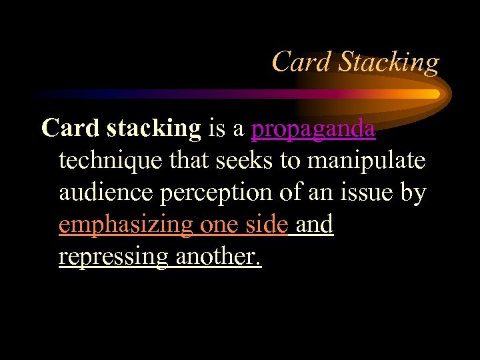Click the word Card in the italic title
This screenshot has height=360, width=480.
tap(301, 62)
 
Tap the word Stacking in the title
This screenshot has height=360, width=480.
tap(389, 63)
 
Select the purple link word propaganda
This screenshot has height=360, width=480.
tap(313, 129)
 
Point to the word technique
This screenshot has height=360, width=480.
tap(110, 161)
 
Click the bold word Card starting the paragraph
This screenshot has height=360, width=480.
tap(71, 127)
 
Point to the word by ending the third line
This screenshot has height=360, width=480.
tap(413, 193)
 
